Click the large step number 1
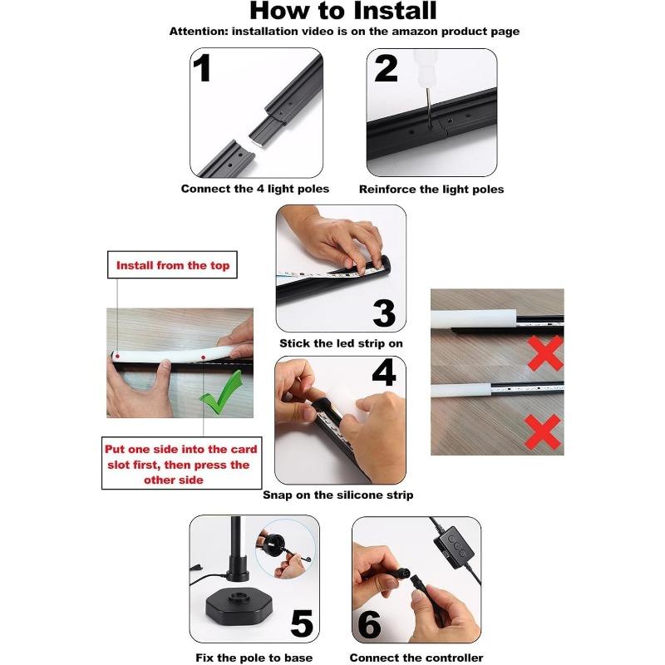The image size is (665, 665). (x=202, y=67)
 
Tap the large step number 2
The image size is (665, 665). (x=386, y=68)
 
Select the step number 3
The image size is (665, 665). (x=384, y=313)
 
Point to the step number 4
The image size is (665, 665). (x=384, y=372)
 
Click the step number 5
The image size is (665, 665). (x=302, y=623)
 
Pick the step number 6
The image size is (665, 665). (x=369, y=624)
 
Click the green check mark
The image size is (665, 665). (x=220, y=392)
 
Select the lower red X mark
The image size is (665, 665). (x=543, y=432)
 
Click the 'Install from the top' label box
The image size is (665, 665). (x=172, y=264)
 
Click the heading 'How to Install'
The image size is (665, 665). (x=343, y=11)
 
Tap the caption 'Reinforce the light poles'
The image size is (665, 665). (x=431, y=190)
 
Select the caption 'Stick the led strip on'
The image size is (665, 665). (x=341, y=343)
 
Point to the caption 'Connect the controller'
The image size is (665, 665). (x=416, y=658)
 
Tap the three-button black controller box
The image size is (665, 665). (x=453, y=547)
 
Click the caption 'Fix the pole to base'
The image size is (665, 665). (x=254, y=658)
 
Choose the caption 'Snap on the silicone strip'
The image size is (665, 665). (x=338, y=495)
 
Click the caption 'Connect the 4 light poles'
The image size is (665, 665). (x=255, y=189)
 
